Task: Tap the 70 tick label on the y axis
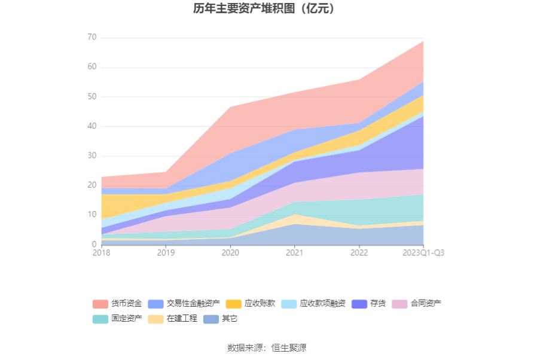click(91, 38)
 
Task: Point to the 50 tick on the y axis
click(91, 97)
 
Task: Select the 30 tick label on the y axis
click(91, 156)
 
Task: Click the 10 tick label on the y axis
click(91, 215)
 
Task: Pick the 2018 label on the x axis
click(101, 253)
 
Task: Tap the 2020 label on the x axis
click(230, 253)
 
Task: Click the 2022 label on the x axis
click(359, 253)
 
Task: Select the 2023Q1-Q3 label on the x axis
click(423, 253)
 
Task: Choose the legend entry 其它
click(221, 319)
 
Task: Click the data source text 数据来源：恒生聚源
click(267, 347)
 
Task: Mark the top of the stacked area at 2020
click(230, 107)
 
